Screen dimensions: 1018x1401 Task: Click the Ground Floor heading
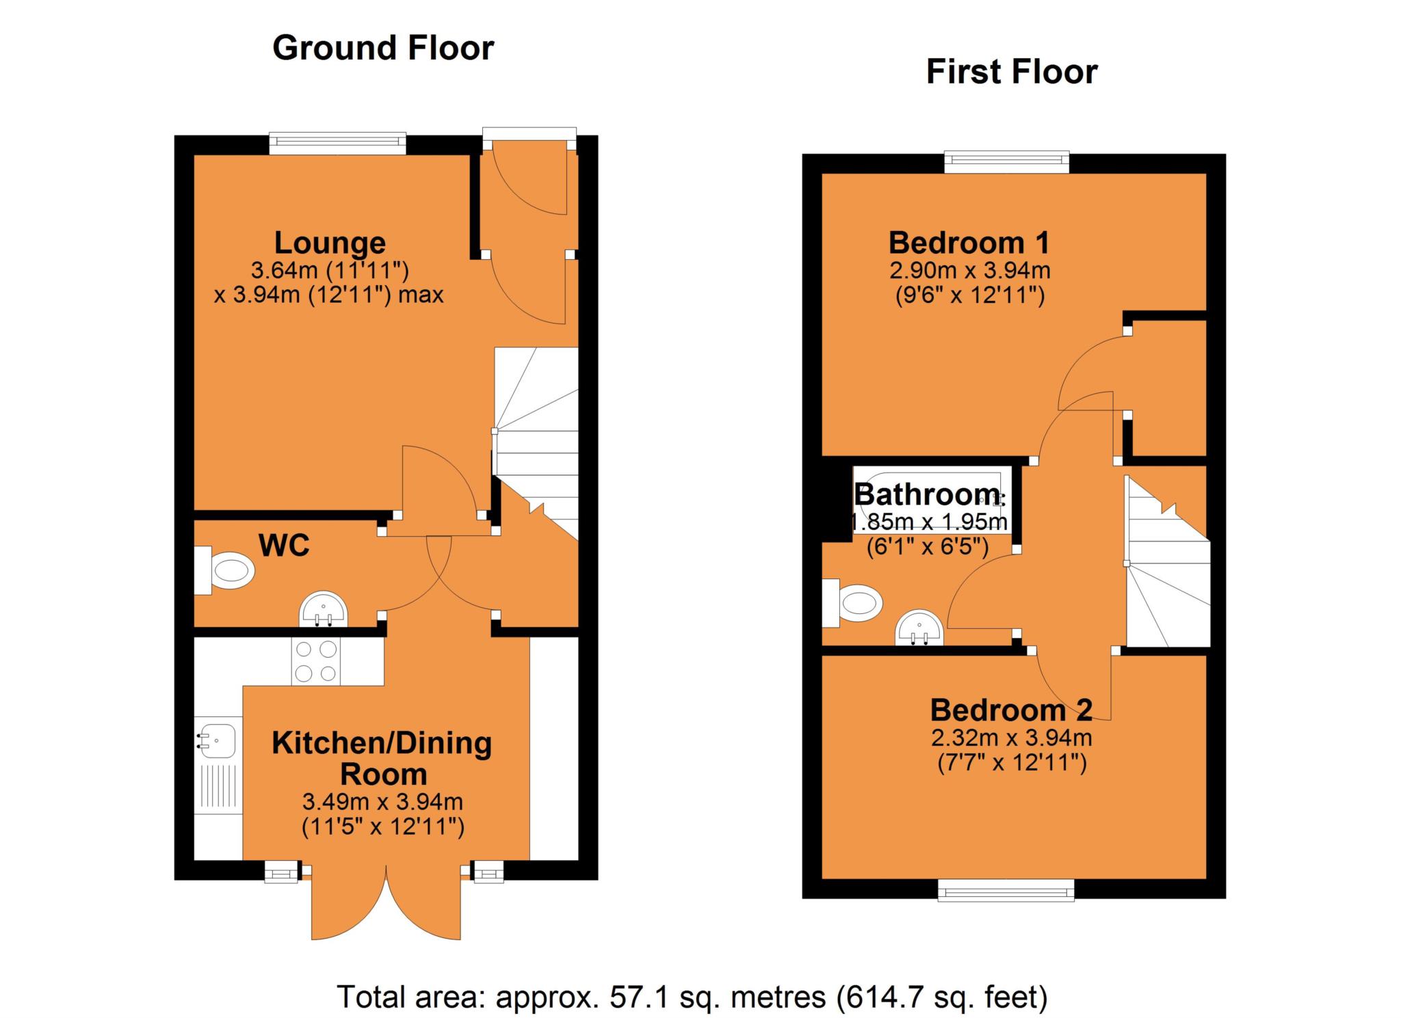[x=383, y=49]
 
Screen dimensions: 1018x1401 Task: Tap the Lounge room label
[x=330, y=243]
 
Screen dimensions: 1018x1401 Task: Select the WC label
[x=284, y=546]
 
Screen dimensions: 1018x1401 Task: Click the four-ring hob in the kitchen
[x=315, y=661]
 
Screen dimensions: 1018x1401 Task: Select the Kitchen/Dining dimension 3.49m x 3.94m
[x=382, y=801]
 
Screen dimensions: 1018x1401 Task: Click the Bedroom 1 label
[x=969, y=243]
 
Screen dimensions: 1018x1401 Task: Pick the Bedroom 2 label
[x=1011, y=711]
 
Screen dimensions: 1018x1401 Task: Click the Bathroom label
[x=928, y=494]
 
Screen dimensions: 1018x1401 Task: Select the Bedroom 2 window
[x=1006, y=890]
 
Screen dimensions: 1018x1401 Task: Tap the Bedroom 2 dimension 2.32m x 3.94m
[x=1011, y=738]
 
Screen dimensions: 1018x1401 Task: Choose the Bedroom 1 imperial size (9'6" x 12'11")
[x=970, y=296]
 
